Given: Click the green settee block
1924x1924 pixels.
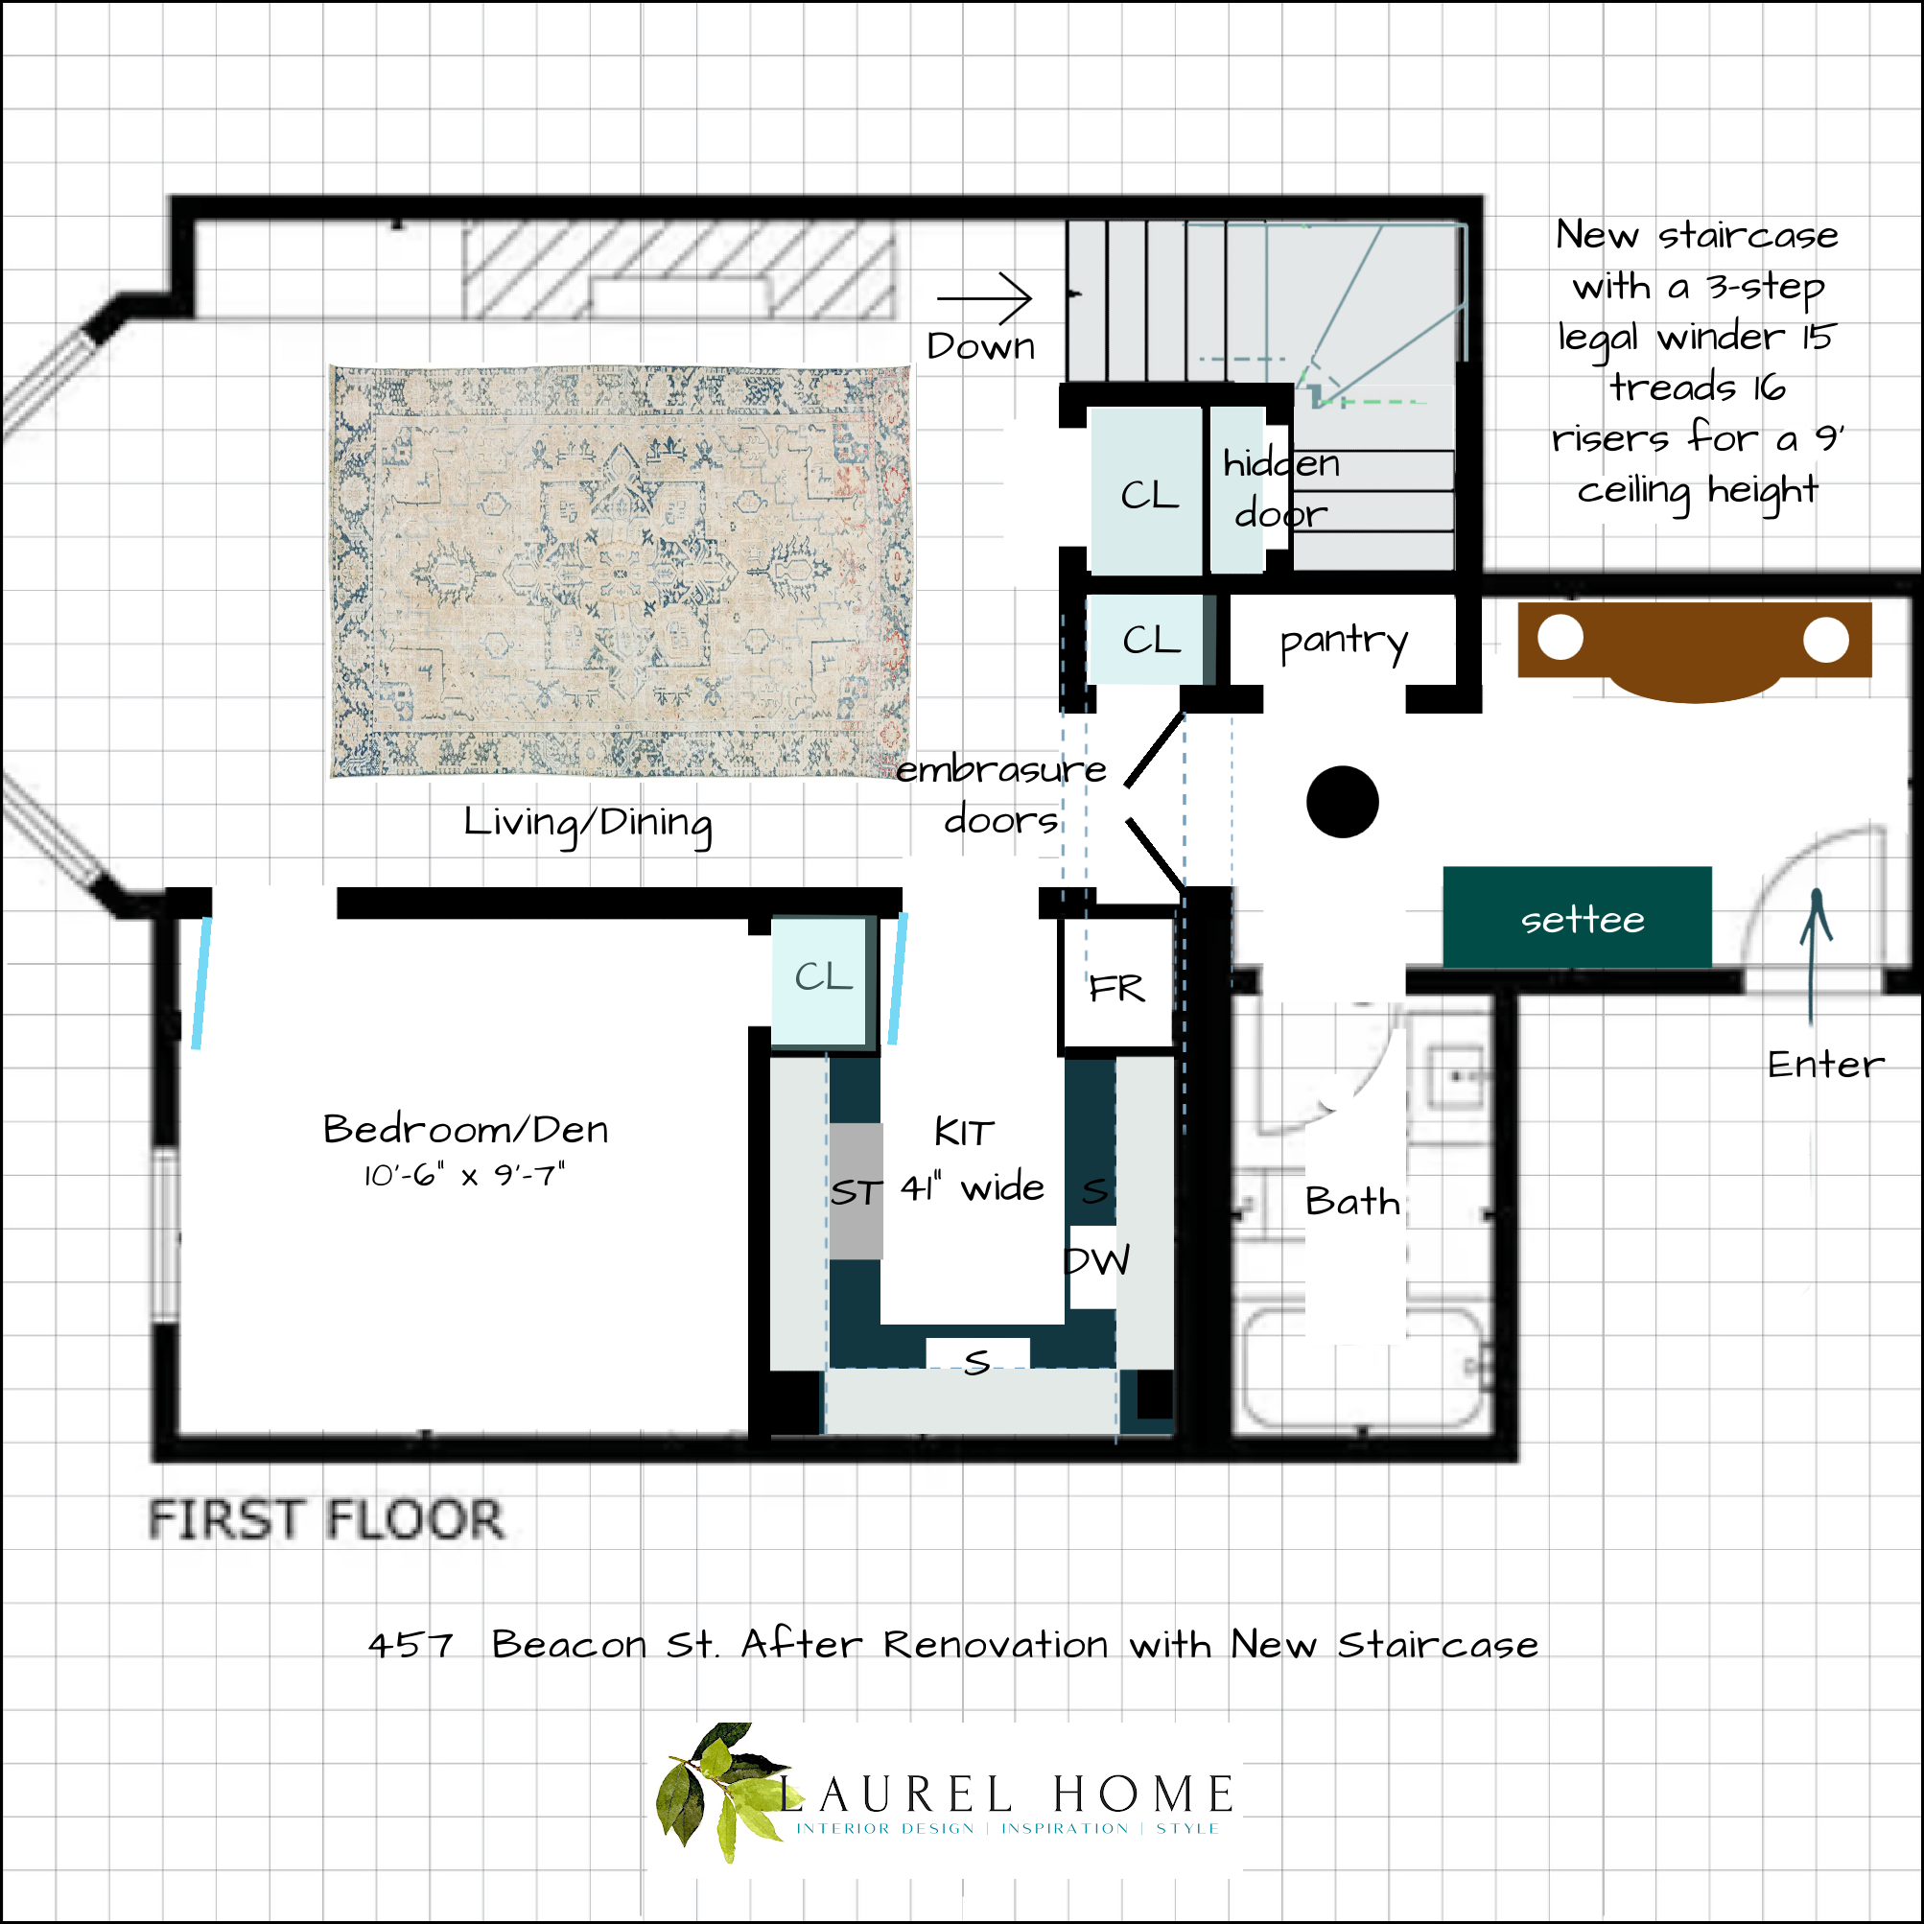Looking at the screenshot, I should click(x=1577, y=917).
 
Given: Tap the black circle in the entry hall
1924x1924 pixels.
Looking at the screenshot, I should click(x=1342, y=802).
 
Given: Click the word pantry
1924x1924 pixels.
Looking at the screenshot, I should click(x=1343, y=642).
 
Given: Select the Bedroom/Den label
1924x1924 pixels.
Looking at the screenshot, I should click(x=465, y=1129).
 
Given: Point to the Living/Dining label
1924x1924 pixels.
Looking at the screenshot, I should click(x=588, y=824).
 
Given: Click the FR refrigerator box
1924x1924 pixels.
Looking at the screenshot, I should click(x=1116, y=987).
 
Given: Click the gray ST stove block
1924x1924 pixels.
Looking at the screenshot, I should click(x=856, y=1191).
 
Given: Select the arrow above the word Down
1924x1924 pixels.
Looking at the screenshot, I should click(x=984, y=296).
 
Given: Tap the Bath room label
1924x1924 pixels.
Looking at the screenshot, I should click(x=1351, y=1201).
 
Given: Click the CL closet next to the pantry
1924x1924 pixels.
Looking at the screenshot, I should click(x=1150, y=641).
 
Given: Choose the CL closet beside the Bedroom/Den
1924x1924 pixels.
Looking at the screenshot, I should click(x=823, y=978).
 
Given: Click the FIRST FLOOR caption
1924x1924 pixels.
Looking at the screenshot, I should click(x=326, y=1519).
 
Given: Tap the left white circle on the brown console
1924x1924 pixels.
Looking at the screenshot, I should click(x=1560, y=638).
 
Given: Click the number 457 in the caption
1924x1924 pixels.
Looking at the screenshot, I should click(x=411, y=1644).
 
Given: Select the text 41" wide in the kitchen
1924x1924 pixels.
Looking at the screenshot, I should click(x=972, y=1187).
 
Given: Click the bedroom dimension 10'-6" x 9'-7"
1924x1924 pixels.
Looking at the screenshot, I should click(x=463, y=1175).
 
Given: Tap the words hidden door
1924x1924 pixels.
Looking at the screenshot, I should click(x=1279, y=488).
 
